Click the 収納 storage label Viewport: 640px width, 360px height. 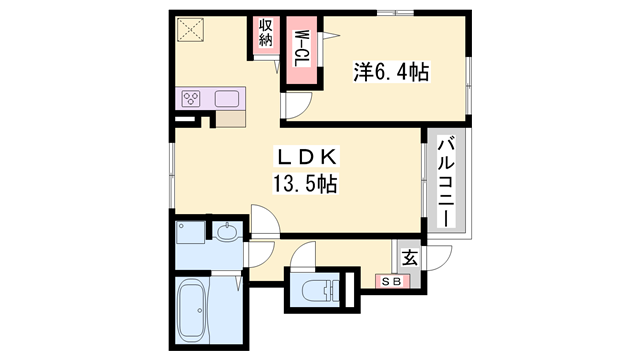coord(265,33)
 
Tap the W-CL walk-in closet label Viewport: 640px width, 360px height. coord(302,49)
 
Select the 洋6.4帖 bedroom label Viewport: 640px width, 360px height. coord(391,72)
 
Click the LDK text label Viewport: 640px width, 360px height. coord(307,157)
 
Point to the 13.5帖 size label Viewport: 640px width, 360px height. coord(305,183)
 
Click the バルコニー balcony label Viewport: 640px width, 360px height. coord(446,182)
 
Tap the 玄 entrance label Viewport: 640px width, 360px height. coord(410,258)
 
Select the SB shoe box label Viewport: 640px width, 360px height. coord(392,281)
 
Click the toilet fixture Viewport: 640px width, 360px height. coord(320,291)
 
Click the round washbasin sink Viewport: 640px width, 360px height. coord(227,233)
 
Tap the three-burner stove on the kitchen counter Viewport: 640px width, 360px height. coord(191,99)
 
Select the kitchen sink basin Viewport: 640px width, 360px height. coord(227,98)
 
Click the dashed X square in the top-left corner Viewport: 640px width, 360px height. coord(190,30)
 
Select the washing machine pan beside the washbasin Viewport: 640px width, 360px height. coord(190,233)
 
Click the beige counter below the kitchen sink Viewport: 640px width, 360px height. coord(231,119)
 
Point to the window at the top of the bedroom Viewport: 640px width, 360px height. coord(395,13)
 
